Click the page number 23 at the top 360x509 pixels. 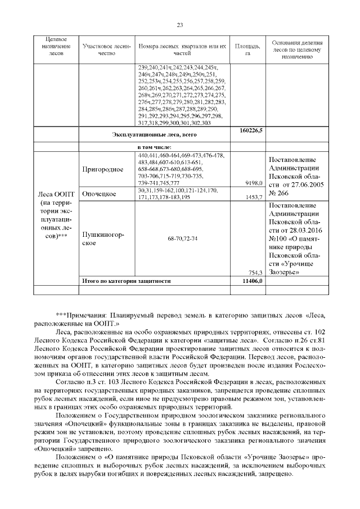(180, 25)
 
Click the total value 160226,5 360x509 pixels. (247, 130)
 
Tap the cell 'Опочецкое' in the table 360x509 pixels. (99, 194)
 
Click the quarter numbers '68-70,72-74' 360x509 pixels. (182, 239)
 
